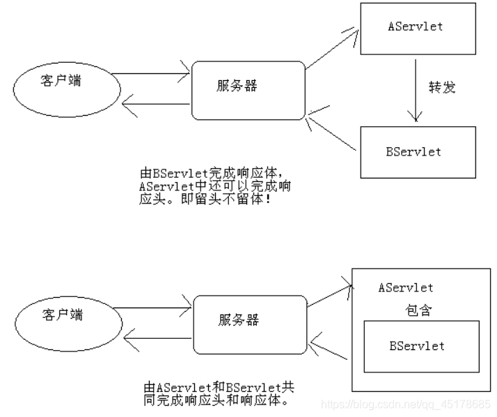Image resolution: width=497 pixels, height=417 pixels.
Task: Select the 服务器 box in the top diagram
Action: click(248, 89)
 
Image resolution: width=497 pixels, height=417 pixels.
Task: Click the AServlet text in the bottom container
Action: click(405, 287)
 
